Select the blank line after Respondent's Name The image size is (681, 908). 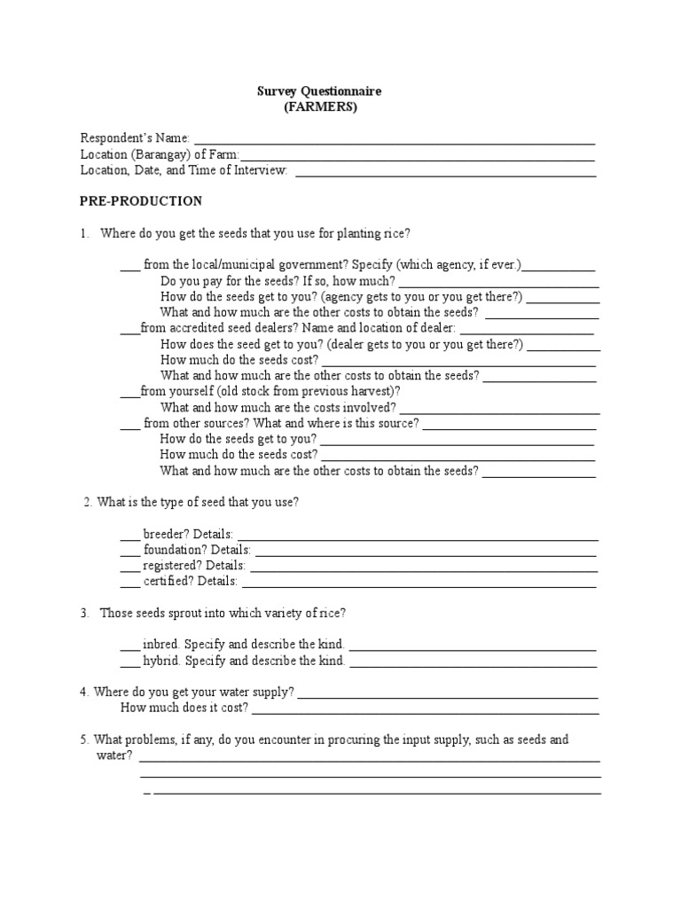(x=394, y=142)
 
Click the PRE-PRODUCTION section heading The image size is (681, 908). (x=141, y=201)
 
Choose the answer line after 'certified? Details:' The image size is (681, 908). (x=419, y=586)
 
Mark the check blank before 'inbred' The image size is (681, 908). (x=129, y=649)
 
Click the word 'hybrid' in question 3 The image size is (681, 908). (x=161, y=661)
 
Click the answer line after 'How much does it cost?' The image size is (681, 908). (x=426, y=712)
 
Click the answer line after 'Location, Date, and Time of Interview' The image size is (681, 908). (x=445, y=175)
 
